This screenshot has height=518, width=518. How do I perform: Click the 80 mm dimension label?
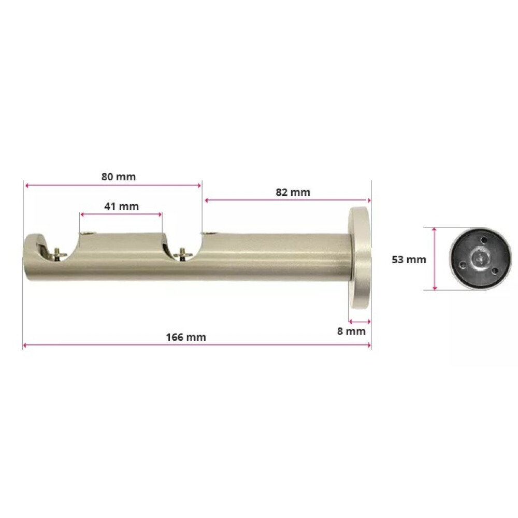pyautogui.click(x=118, y=177)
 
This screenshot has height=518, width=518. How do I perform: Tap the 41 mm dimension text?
pyautogui.click(x=121, y=206)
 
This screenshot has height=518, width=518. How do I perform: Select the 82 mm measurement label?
pyautogui.click(x=293, y=192)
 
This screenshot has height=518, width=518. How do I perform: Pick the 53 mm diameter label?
pyautogui.click(x=409, y=259)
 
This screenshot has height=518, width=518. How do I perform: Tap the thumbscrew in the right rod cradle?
pyautogui.click(x=183, y=253)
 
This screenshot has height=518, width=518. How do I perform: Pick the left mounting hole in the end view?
pyautogui.click(x=461, y=262)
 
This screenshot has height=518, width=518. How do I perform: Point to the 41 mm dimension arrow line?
pyautogui.click(x=121, y=213)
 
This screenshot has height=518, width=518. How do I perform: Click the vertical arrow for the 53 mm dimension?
pyautogui.click(x=435, y=258)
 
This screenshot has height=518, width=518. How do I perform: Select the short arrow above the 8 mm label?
pyautogui.click(x=359, y=320)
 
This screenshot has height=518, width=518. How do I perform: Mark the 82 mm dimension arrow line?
pyautogui.click(x=288, y=200)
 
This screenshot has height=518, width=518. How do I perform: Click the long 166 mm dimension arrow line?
pyautogui.click(x=197, y=345)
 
